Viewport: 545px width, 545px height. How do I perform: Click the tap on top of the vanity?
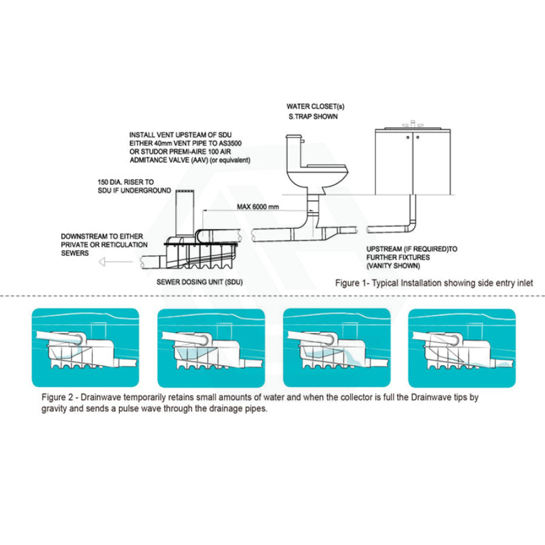[x=414, y=123]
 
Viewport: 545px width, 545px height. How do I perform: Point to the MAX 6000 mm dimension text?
[x=259, y=208]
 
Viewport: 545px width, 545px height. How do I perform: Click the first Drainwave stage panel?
[x=85, y=348]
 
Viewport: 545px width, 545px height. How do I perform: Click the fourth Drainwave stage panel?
[x=461, y=348]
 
